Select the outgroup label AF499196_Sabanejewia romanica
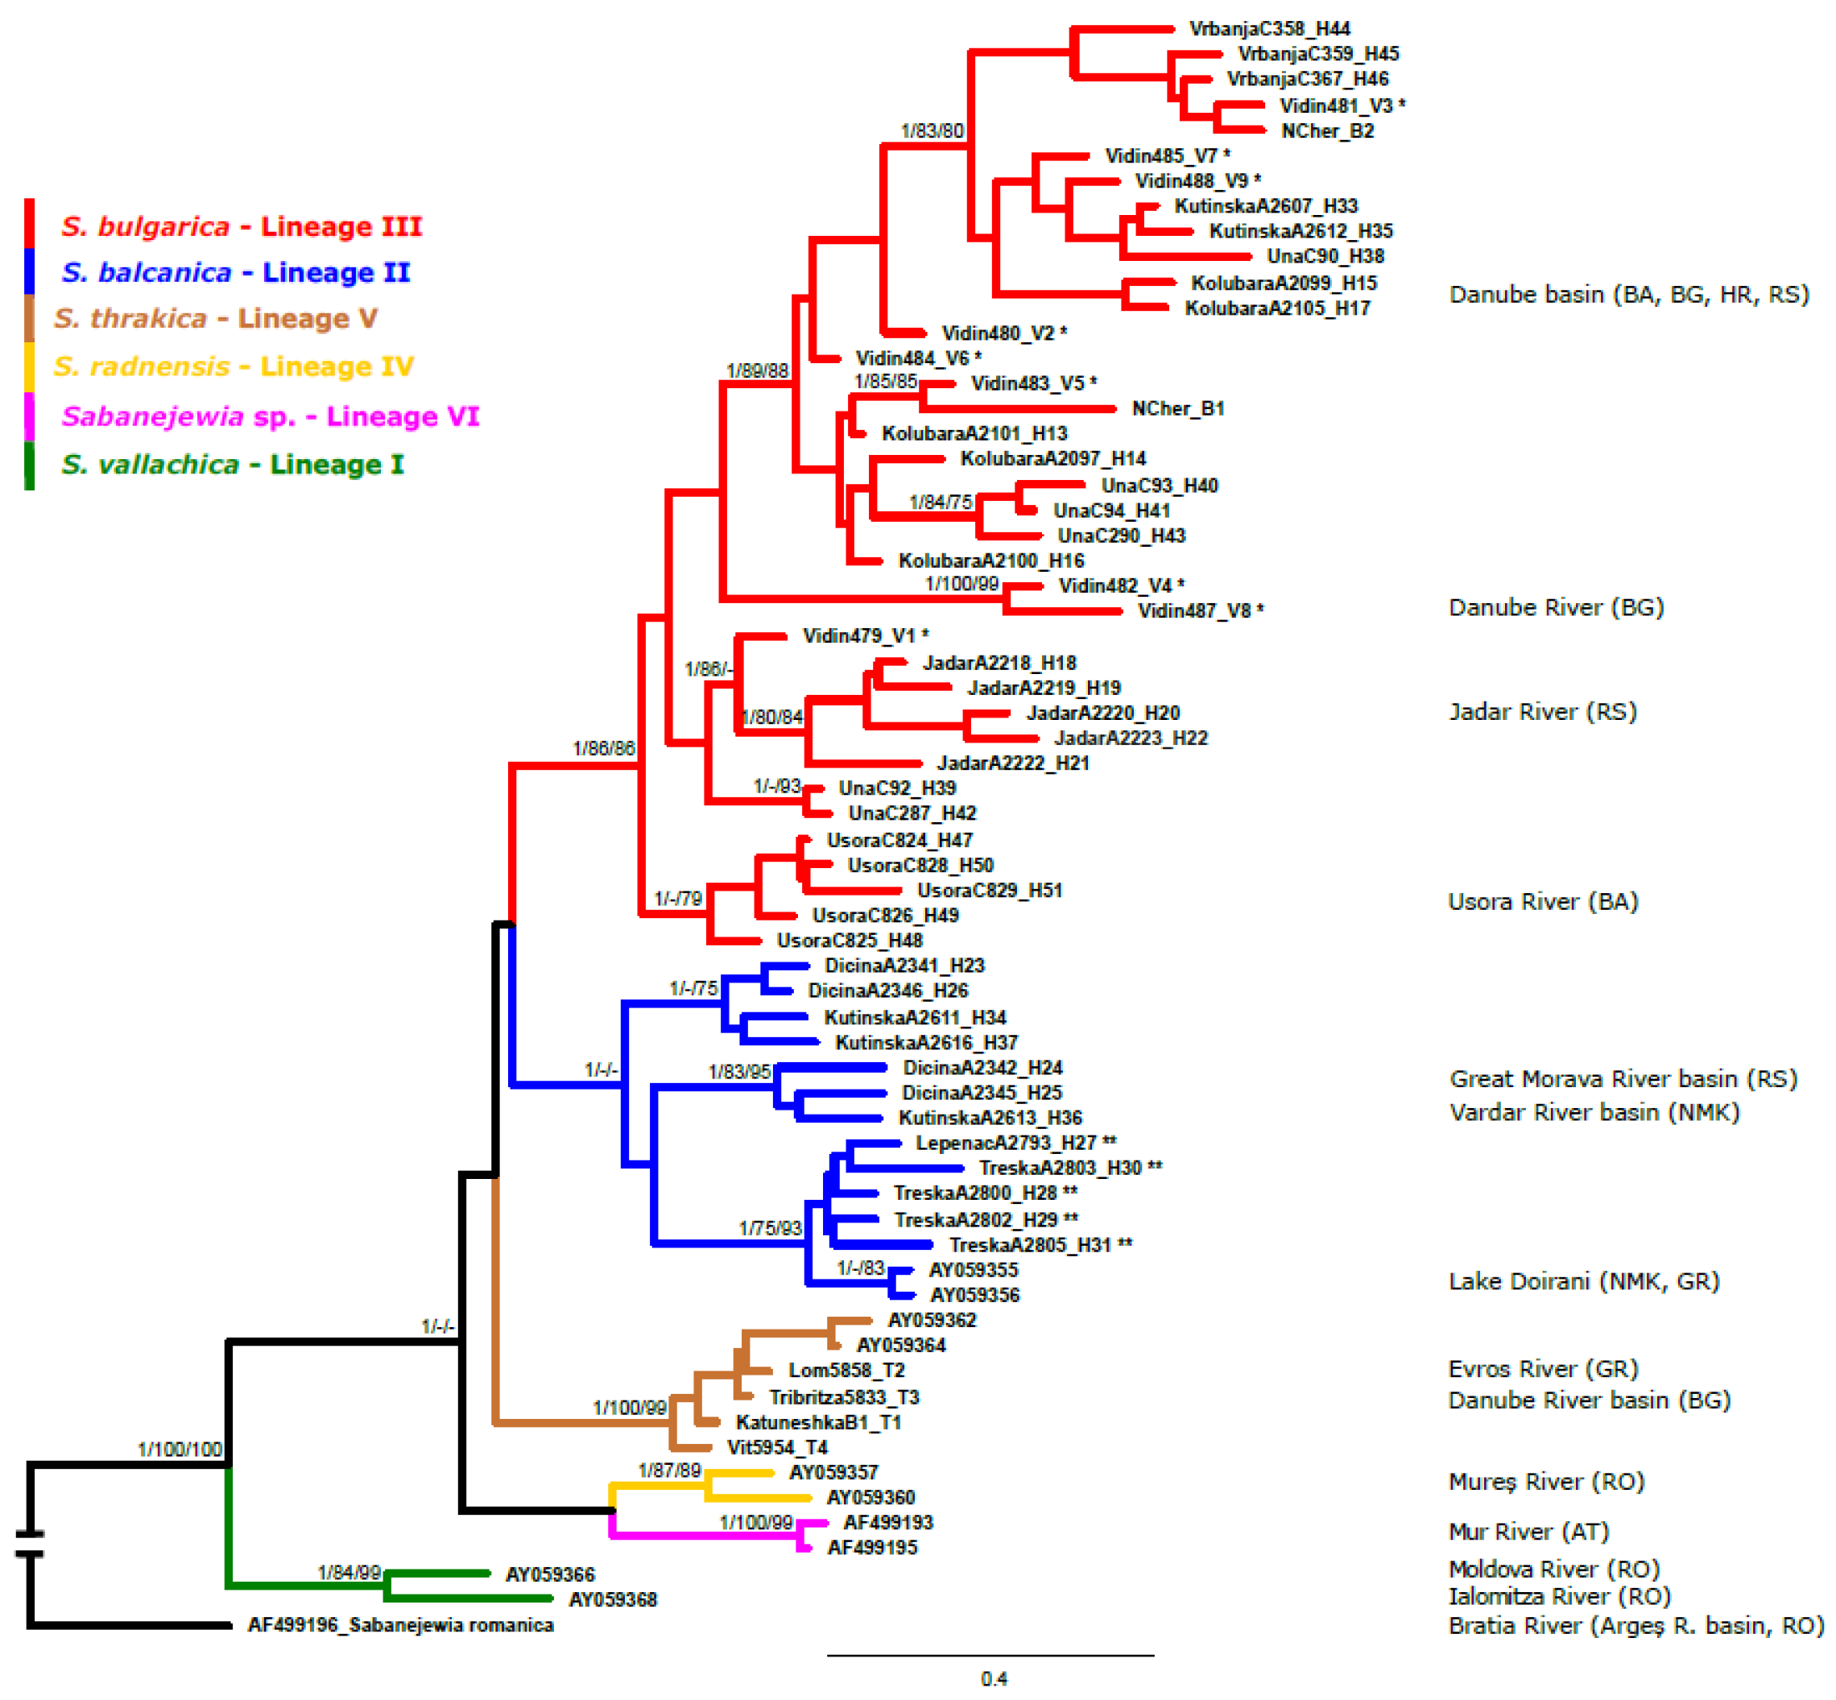(400, 1625)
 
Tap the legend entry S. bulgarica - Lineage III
(241, 226)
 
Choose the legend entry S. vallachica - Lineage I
(232, 465)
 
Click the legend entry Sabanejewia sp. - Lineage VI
(270, 416)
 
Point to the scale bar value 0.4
(994, 1679)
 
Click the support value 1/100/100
(180, 1450)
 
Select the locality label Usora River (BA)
(1543, 901)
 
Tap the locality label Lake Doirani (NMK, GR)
(1583, 1281)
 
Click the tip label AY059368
(613, 1599)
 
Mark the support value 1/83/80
(932, 131)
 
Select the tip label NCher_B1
(1177, 408)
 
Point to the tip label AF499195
(872, 1549)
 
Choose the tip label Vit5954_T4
(777, 1448)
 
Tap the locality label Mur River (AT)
(1528, 1532)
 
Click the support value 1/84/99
(349, 1573)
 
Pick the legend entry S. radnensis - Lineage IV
(233, 367)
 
